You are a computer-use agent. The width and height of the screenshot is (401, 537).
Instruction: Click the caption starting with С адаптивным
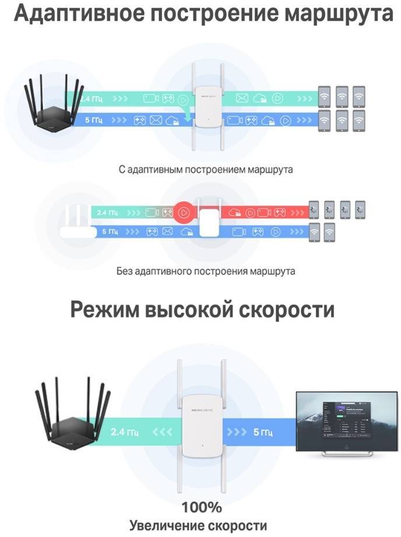coord(205,169)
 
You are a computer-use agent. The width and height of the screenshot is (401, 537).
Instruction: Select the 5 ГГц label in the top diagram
coord(92,121)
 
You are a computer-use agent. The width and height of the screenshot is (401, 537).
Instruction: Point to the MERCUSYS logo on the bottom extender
coord(200,412)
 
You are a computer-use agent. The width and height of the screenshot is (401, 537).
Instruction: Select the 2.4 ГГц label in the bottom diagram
coord(124,433)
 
